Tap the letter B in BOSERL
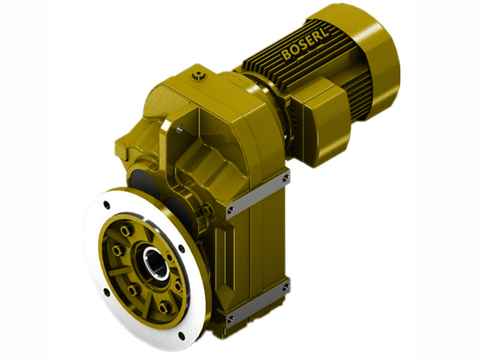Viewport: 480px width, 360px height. tap(286, 56)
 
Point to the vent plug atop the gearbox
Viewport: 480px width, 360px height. tap(198, 75)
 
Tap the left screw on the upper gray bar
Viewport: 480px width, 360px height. tap(231, 209)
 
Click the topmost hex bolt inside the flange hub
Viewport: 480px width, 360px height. tap(126, 230)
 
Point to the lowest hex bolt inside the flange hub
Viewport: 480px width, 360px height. tap(164, 308)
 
